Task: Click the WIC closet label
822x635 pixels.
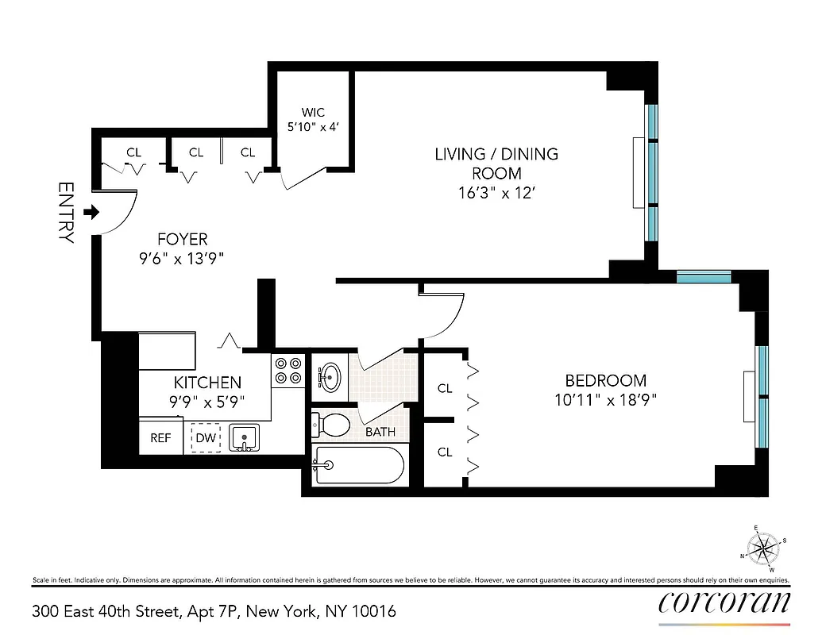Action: tap(312, 113)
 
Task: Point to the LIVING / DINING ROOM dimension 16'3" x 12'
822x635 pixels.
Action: tap(496, 192)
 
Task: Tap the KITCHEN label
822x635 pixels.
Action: tap(207, 383)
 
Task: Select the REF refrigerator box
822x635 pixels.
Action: tap(160, 438)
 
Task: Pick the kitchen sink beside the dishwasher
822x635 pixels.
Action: tap(244, 437)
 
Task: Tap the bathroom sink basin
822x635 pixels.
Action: tap(329, 375)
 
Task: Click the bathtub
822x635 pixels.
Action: tap(358, 465)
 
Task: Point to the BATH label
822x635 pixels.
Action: tap(380, 433)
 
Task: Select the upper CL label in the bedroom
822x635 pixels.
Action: tap(445, 388)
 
